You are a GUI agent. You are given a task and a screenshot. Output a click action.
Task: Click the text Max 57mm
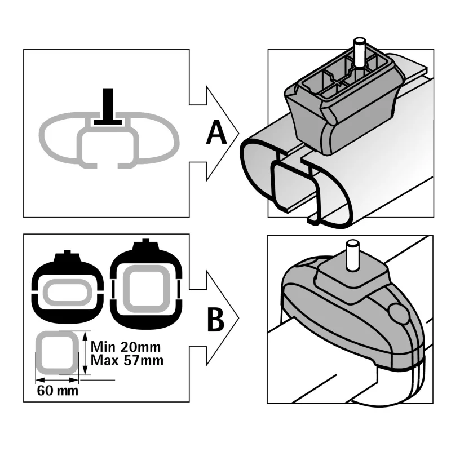[122, 359]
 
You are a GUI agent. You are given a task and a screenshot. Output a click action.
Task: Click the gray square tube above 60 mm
[57, 353]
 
